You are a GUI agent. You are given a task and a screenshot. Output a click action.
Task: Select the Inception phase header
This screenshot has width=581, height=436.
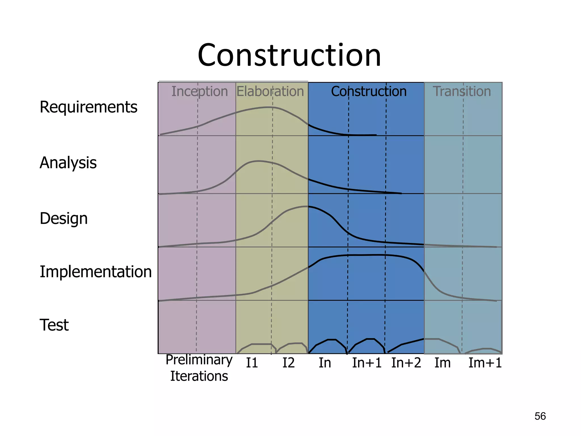[x=199, y=91]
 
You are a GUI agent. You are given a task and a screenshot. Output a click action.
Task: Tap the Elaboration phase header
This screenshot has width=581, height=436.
[x=270, y=91]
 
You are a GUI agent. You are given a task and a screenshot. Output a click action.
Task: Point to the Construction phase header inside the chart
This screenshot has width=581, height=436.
[x=369, y=91]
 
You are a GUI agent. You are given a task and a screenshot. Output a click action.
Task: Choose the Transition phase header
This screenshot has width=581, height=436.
[x=462, y=91]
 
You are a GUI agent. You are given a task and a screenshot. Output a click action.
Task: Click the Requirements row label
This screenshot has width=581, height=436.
[x=89, y=107]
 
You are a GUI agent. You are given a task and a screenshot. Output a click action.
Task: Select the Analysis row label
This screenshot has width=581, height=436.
[x=68, y=163]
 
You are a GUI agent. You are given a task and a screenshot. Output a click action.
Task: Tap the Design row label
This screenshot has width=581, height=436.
[x=64, y=219]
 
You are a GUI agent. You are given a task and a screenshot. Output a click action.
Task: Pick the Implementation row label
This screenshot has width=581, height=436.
[x=96, y=272]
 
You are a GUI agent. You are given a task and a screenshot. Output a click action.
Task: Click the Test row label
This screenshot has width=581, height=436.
[x=54, y=325]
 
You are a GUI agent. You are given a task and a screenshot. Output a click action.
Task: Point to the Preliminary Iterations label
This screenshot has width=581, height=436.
[x=199, y=368]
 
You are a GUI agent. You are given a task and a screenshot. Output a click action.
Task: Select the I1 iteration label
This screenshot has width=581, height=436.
[x=252, y=363]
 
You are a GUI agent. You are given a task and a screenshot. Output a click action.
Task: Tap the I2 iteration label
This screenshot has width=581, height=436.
[x=289, y=363]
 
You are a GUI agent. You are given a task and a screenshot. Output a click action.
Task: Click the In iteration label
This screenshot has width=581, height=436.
[x=325, y=363]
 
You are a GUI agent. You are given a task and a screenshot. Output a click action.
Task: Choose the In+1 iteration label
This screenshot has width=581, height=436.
[x=367, y=363]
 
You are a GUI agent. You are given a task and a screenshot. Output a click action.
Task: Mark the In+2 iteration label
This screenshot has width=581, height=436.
[x=406, y=363]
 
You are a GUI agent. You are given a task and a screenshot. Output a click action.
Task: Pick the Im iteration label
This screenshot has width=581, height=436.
[x=443, y=363]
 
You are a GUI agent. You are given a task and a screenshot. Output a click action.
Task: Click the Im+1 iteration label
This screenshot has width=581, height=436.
[x=485, y=363]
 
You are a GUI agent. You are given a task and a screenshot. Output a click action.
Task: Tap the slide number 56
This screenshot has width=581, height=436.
[x=540, y=416]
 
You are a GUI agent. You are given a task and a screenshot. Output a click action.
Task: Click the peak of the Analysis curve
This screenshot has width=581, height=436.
[x=258, y=161]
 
